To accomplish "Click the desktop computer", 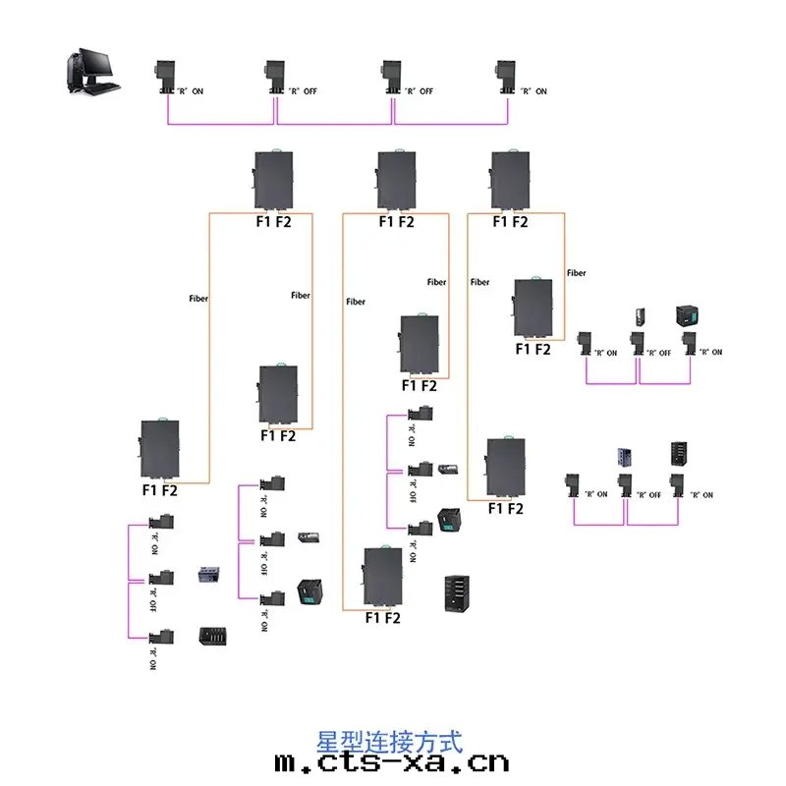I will point(90,70).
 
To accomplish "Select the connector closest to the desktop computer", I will point(163,78).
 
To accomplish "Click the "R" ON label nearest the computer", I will point(189,91).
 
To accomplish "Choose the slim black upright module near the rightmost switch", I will point(641,316).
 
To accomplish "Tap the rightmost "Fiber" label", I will point(577,272).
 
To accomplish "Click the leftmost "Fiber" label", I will point(198,296).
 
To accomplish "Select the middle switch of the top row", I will point(393,180).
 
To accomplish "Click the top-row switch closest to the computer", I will point(272,180).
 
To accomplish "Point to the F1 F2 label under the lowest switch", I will point(382,619).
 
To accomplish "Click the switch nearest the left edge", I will point(159,449).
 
